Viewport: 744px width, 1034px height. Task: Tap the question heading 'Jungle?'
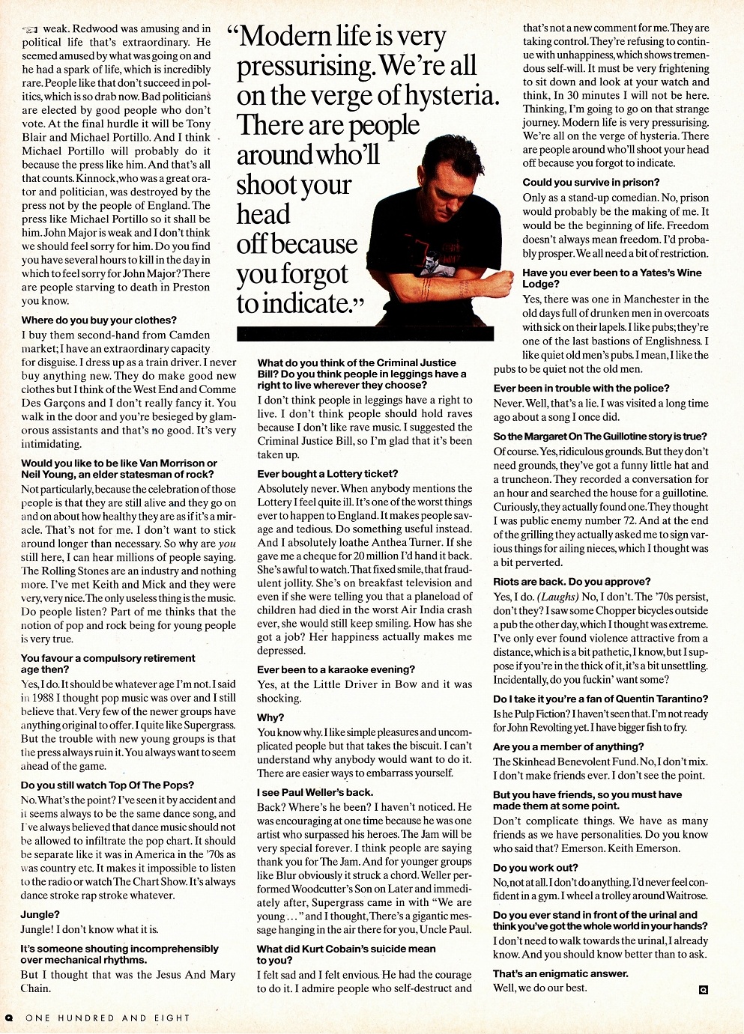(x=40, y=914)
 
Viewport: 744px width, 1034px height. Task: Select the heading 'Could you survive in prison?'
(x=591, y=183)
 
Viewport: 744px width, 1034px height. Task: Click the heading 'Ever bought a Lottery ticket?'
(x=327, y=474)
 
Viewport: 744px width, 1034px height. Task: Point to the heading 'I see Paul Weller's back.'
(x=315, y=792)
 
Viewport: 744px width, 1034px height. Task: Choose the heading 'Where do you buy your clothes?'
(x=99, y=320)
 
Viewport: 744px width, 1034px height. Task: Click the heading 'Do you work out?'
(x=536, y=868)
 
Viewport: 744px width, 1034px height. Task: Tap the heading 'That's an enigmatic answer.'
(x=560, y=973)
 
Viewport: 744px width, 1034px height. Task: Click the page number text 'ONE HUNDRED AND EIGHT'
(x=107, y=1018)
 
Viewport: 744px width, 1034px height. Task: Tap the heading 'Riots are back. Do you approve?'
(x=572, y=582)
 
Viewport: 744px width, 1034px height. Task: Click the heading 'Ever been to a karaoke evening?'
(x=335, y=669)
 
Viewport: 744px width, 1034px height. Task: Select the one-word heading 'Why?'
(x=270, y=717)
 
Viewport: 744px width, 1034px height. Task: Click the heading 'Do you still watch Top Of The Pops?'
(x=107, y=785)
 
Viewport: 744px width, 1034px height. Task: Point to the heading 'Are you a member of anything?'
(x=568, y=746)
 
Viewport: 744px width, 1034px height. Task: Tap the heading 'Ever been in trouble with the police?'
(x=581, y=388)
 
